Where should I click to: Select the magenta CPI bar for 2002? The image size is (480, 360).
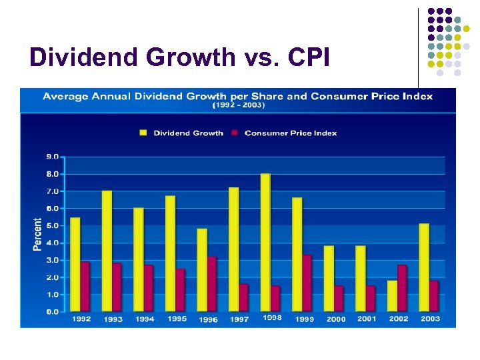402,288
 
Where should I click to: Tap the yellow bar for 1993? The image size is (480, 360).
107,251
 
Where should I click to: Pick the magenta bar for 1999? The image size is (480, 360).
307,283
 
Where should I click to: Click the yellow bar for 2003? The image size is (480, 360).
424,267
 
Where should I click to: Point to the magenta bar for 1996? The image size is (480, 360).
211,284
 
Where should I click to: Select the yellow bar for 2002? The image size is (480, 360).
392,295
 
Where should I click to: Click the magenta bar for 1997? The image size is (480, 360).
243,297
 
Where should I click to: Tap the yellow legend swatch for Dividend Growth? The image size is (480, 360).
143,133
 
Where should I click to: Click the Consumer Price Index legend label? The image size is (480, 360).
291,133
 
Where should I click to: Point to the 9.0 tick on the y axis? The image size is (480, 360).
52,157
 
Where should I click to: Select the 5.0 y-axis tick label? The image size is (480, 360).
52,225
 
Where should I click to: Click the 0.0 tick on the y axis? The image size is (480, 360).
52,311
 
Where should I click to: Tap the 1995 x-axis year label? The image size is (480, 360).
177,319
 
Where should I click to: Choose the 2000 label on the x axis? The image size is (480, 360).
336,319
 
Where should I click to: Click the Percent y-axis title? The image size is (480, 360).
37,234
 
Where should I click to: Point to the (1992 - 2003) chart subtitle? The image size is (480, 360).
238,105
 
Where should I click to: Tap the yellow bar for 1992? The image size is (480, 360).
75,264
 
